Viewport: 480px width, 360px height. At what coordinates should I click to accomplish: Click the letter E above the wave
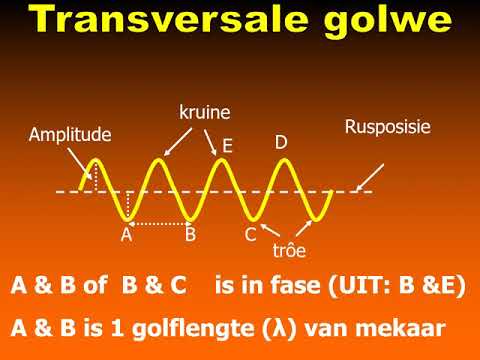pos(228,147)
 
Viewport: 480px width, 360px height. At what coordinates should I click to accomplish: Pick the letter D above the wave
pos(281,142)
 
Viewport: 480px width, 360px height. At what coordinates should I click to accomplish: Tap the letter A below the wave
pos(126,236)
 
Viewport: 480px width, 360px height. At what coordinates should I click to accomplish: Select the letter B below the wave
pos(190,236)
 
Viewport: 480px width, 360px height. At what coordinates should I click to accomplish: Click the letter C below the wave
pos(250,236)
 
